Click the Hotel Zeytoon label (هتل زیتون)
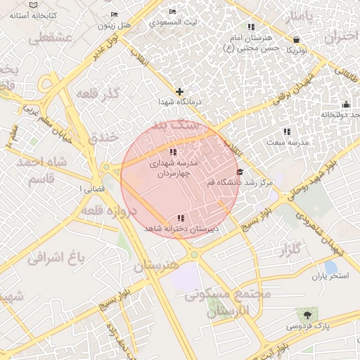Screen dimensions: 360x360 coord(115,25)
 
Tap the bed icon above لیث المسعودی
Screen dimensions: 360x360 coord(173,13)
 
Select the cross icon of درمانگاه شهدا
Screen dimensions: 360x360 coord(180,91)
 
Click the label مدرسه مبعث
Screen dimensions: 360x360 coord(285,142)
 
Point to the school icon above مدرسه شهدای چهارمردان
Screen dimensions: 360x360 coord(173,153)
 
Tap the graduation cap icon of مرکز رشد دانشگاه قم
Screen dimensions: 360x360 coord(240,172)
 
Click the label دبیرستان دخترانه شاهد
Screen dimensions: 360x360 coord(181,229)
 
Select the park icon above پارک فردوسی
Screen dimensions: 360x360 coord(307,314)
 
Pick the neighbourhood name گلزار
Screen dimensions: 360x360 coord(290,250)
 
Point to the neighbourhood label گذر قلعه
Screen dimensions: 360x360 coord(118,94)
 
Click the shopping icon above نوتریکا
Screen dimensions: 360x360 coord(296,39)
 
